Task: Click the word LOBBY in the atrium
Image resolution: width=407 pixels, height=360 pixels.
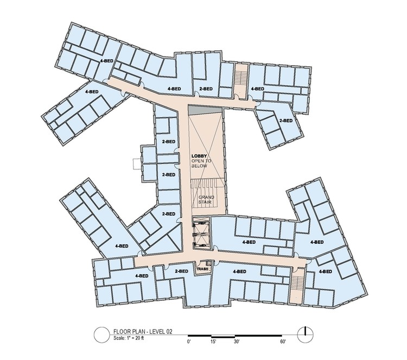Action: click(x=199, y=155)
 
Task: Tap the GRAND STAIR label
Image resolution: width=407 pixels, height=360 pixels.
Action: click(x=205, y=200)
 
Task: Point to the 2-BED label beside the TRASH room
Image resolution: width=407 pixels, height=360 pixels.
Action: click(x=181, y=271)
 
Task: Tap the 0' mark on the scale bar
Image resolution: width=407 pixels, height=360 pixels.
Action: click(x=189, y=342)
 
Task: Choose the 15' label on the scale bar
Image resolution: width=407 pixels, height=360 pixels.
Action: click(x=213, y=342)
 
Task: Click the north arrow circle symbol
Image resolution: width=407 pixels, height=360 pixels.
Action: click(x=306, y=333)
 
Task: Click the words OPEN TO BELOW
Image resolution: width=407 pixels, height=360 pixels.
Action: click(x=199, y=165)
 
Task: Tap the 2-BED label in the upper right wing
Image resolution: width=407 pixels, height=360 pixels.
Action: click(x=285, y=120)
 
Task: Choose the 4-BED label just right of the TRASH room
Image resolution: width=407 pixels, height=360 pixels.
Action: click(x=241, y=271)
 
